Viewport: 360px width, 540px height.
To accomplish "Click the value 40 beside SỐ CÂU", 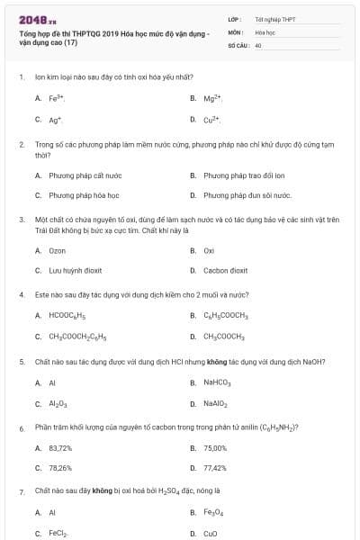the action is [x=258, y=44].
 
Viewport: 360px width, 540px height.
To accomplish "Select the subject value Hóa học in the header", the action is [x=265, y=31].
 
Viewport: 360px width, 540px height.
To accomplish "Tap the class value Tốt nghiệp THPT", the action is [x=274, y=19].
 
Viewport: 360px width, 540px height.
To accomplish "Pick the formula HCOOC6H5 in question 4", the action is [x=67, y=316].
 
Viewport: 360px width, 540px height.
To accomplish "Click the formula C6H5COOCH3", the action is [x=225, y=316].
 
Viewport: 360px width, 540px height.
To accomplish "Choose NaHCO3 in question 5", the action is [x=217, y=382].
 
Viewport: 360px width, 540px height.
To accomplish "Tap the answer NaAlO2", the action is [x=215, y=403].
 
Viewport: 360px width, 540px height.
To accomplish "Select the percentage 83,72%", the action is [x=60, y=447].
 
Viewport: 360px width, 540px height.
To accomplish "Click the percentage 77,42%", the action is [x=215, y=468].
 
